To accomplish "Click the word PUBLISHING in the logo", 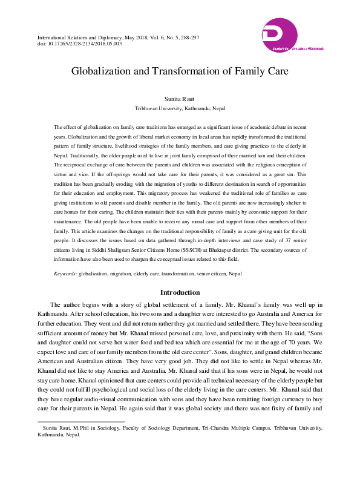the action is coord(307,49).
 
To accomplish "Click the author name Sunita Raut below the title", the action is coord(180,98).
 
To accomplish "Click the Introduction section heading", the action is coord(180,292).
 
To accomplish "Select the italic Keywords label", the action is coord(65,274).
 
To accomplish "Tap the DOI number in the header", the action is coord(84,44).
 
